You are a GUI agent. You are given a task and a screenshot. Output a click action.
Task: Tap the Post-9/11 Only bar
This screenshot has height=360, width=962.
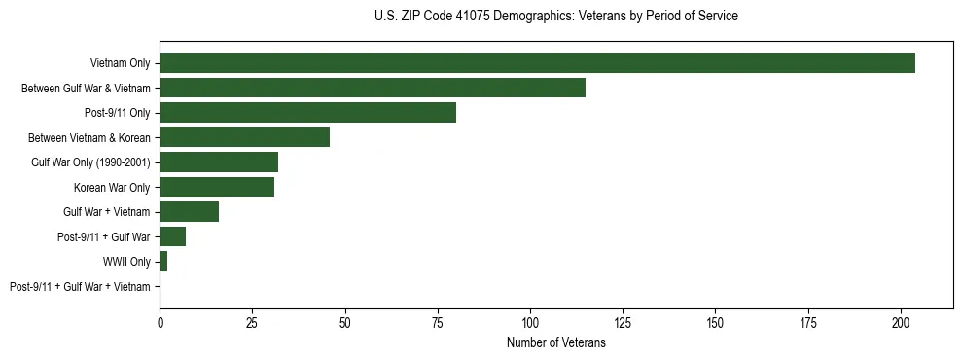click(307, 112)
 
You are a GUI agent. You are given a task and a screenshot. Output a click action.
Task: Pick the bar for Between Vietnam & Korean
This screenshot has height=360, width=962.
click(244, 137)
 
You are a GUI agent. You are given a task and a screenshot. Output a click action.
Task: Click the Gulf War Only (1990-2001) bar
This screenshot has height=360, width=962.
click(219, 162)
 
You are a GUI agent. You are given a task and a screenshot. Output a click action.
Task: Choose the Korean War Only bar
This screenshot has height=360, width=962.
click(217, 187)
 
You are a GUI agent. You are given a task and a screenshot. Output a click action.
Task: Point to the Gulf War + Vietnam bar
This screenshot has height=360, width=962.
click(189, 211)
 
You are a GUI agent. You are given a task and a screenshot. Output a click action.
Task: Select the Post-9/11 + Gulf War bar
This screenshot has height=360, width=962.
click(172, 236)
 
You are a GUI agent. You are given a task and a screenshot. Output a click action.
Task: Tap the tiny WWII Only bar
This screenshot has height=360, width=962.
click(163, 261)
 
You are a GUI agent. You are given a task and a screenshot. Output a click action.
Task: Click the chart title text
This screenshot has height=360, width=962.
click(555, 17)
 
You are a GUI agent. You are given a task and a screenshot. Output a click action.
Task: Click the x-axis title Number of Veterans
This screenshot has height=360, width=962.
click(555, 343)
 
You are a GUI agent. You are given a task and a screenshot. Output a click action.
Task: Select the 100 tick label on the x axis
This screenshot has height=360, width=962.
click(530, 321)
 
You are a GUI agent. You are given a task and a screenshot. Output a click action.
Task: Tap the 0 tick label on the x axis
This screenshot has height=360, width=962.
click(160, 321)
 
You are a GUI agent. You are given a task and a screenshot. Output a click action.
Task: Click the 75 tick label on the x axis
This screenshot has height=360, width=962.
click(438, 321)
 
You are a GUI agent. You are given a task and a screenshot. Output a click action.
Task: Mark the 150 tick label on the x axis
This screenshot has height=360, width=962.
click(715, 321)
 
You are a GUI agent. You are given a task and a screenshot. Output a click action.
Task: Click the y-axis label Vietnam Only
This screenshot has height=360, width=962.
click(120, 63)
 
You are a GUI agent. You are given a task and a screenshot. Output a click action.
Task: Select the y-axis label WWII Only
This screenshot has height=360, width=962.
click(126, 261)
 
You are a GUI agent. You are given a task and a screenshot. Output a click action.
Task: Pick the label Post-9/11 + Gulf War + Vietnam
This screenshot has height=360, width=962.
click(80, 286)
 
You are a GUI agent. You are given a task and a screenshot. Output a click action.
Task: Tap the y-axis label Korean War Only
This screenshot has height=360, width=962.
click(112, 187)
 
